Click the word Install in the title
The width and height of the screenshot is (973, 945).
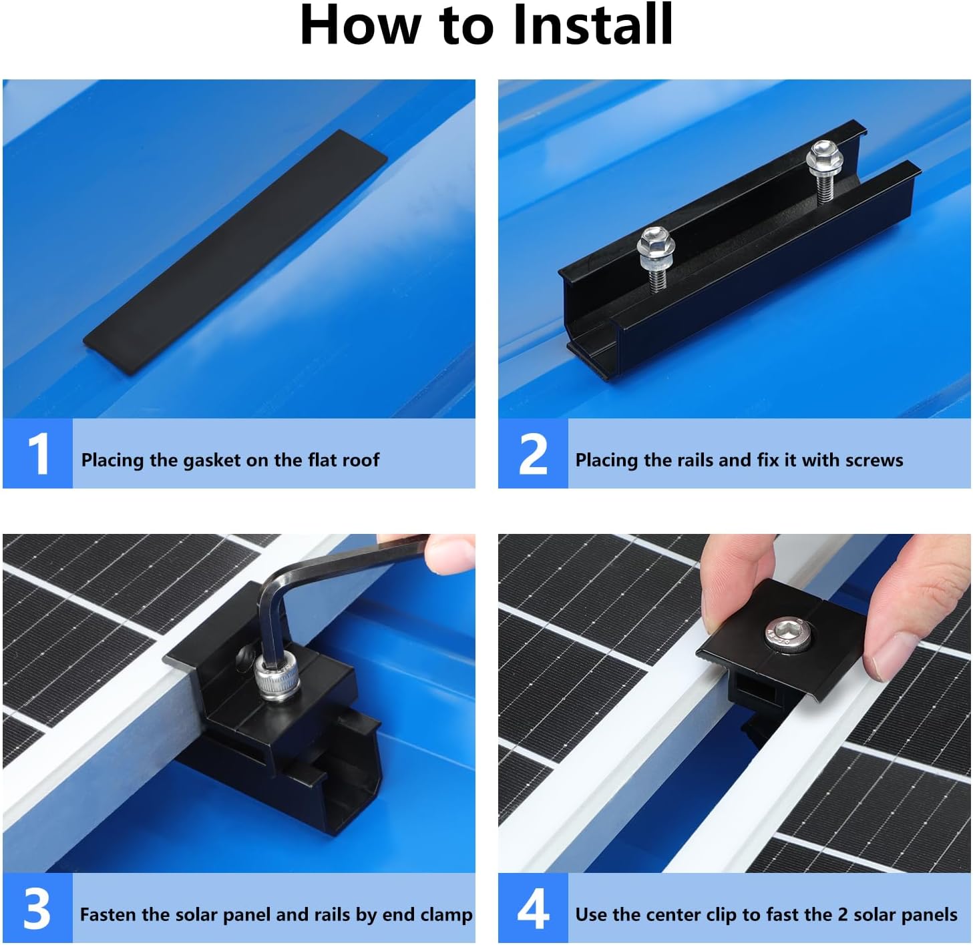click(x=592, y=25)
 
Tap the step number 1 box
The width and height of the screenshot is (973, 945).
click(x=37, y=454)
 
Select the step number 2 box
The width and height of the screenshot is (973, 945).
click(x=533, y=454)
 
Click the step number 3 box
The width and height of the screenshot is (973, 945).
click(x=37, y=908)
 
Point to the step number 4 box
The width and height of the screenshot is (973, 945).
click(x=533, y=908)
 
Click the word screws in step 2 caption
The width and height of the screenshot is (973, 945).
click(x=873, y=460)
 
